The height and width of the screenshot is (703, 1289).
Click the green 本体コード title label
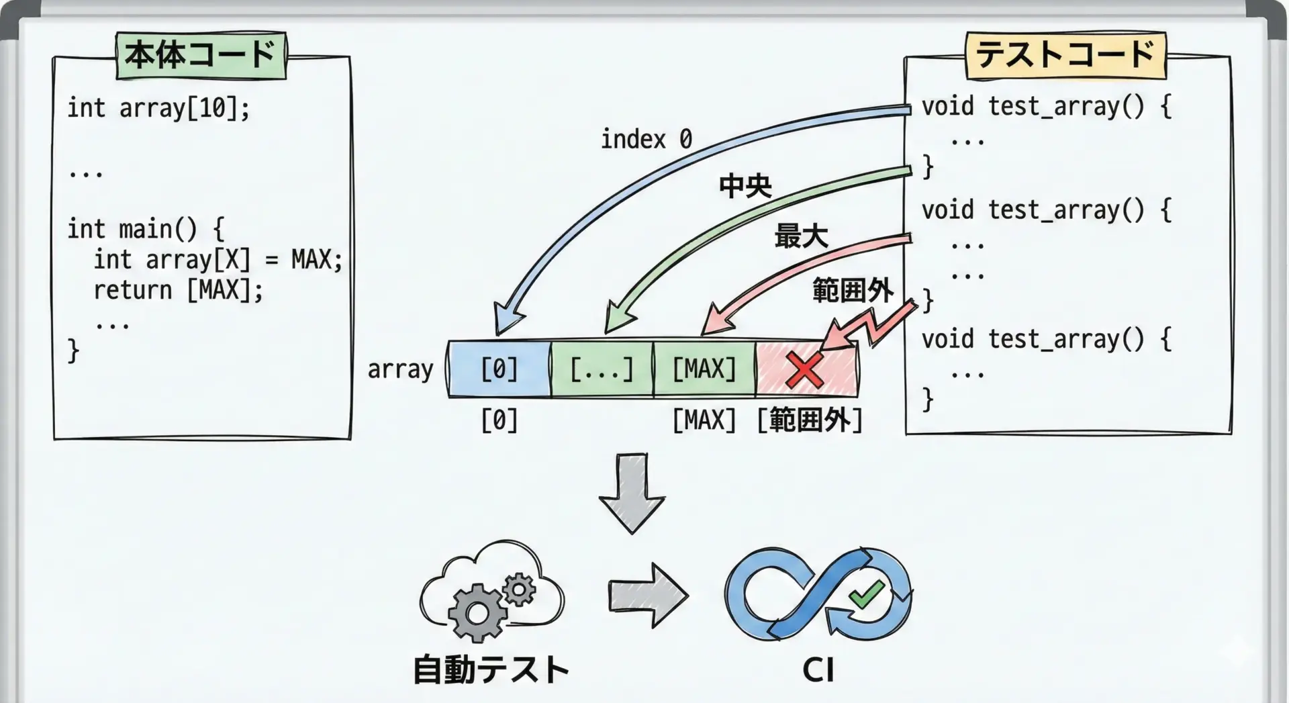[201, 55]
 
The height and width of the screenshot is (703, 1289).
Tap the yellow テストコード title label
[1065, 55]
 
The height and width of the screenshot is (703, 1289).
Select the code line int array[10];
[158, 108]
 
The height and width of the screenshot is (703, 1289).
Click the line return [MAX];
[178, 291]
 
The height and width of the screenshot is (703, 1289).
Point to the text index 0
[646, 140]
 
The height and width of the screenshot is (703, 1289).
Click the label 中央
[745, 186]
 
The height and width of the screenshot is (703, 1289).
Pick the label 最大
[801, 236]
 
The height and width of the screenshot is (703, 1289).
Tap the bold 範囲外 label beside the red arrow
[853, 291]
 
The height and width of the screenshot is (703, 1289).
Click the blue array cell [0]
[499, 369]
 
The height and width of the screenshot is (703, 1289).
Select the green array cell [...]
[602, 369]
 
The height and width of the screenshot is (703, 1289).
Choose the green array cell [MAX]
[704, 369]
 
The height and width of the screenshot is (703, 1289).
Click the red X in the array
[805, 370]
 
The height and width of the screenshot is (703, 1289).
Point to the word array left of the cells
[400, 369]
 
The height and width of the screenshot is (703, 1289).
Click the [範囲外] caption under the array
[809, 420]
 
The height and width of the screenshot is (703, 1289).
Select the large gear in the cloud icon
[477, 612]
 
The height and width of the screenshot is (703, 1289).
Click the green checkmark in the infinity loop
[866, 594]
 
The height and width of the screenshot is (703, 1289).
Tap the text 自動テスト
[491, 670]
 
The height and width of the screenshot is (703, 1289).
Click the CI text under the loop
[818, 670]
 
